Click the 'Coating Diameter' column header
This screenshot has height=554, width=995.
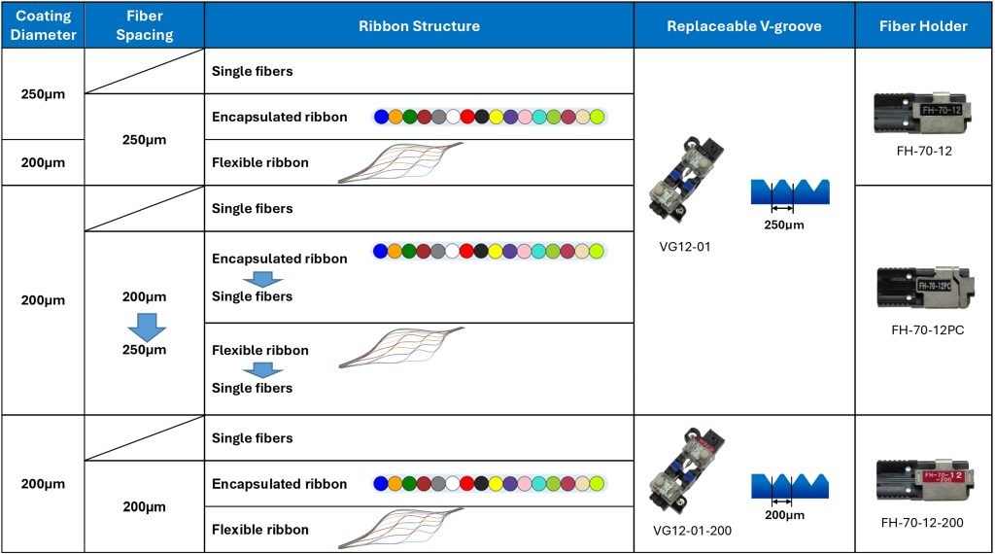pyautogui.click(x=43, y=26)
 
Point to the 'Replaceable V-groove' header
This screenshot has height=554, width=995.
pyautogui.click(x=743, y=26)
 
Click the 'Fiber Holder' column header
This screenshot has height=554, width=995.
pyautogui.click(x=924, y=26)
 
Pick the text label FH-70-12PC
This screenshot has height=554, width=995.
pyautogui.click(x=927, y=329)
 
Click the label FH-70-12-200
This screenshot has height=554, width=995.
pyautogui.click(x=922, y=523)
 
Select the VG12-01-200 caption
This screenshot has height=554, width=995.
pyautogui.click(x=694, y=530)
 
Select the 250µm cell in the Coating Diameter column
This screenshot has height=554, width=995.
pyautogui.click(x=43, y=94)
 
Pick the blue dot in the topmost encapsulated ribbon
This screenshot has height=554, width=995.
pyautogui.click(x=381, y=117)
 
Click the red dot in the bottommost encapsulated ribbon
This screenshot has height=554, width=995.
pyautogui.click(x=467, y=484)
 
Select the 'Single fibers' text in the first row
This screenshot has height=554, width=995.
pyautogui.click(x=252, y=72)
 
